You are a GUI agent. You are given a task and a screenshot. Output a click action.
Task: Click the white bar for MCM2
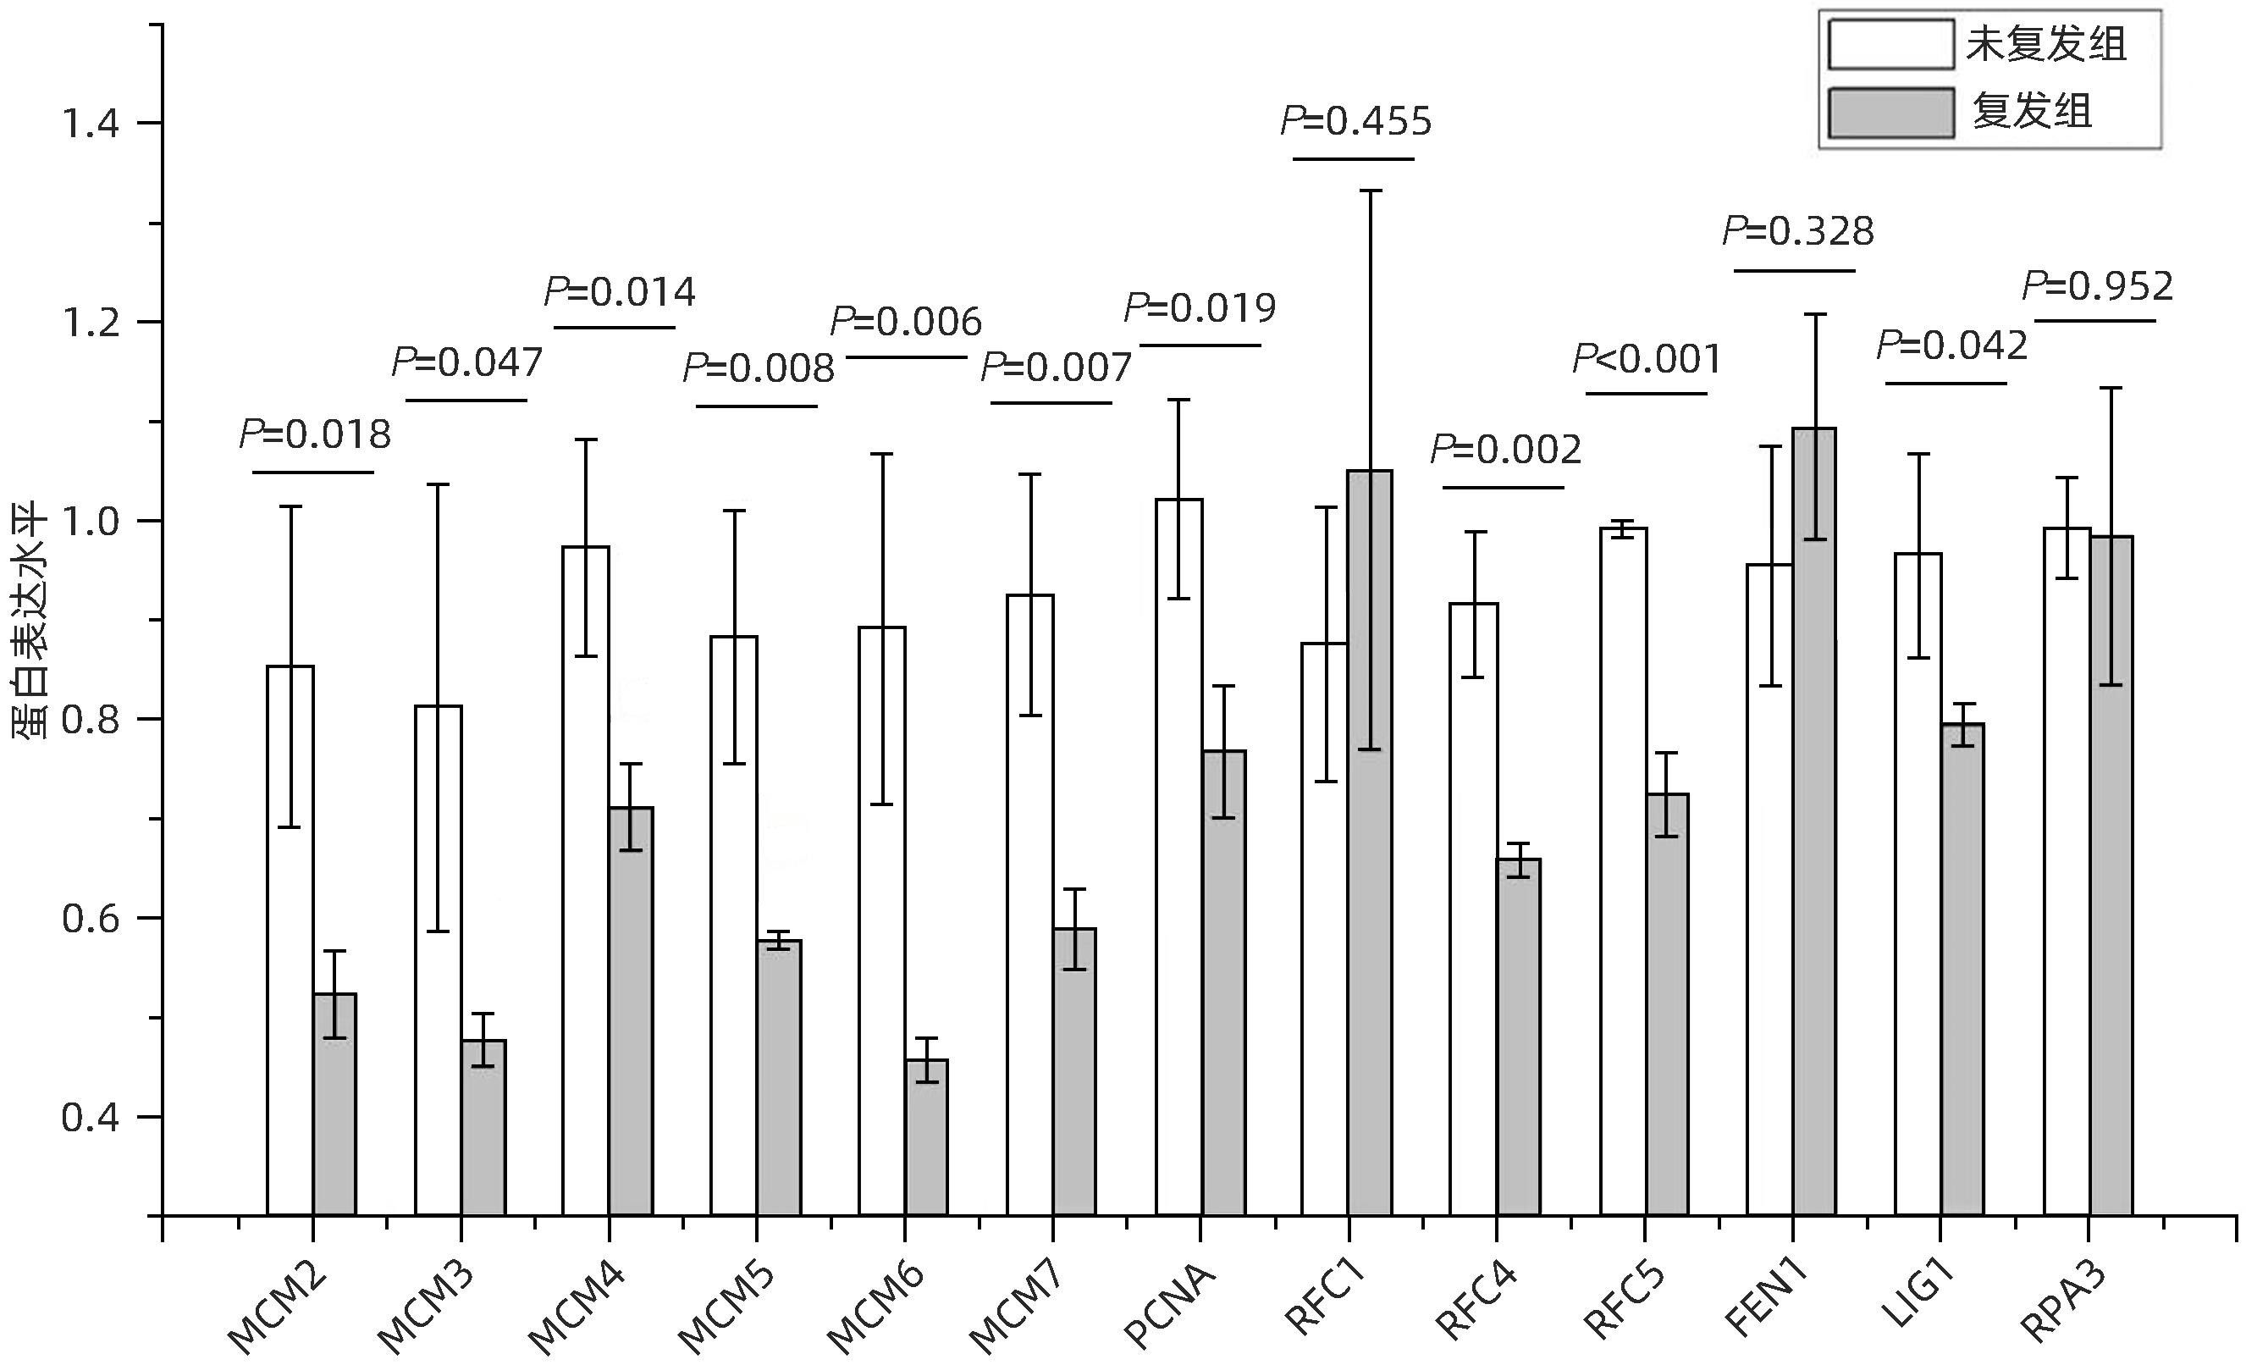coord(290,939)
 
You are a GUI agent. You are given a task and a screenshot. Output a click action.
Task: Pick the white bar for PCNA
coord(1178,857)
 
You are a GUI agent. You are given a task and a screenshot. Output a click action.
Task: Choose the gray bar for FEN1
coord(1814,821)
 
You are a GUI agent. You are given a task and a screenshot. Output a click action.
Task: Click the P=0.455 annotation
coord(1356,122)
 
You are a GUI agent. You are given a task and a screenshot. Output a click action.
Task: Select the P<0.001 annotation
coord(1647,359)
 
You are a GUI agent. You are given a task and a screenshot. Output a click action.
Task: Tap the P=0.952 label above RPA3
coord(2097,287)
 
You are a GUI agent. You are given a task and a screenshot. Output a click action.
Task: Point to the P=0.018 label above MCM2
coord(314,435)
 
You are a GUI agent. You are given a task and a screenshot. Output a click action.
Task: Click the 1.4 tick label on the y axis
coord(91,124)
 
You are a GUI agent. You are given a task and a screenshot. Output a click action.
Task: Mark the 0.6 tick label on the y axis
coord(91,918)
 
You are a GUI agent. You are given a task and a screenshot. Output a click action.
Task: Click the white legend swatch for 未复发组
coord(1890,45)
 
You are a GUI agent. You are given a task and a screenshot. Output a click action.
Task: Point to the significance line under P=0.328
coord(1794,271)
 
